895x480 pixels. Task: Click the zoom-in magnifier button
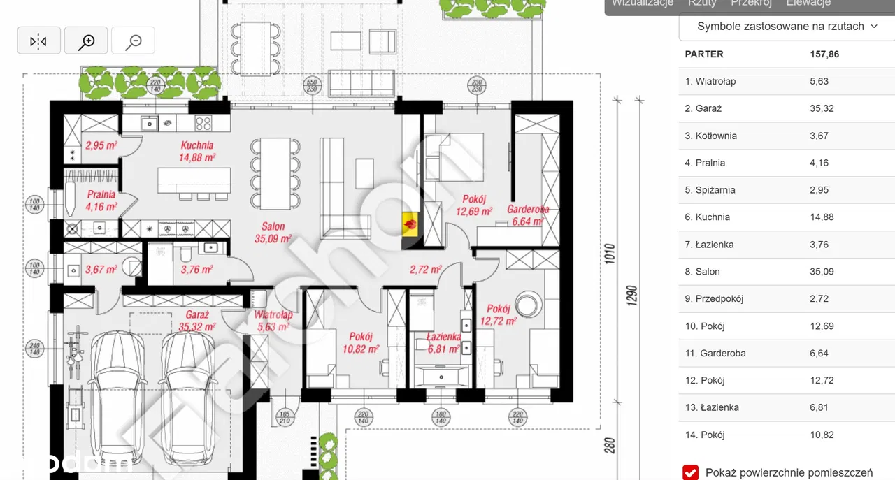click(86, 41)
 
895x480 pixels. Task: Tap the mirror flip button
click(38, 41)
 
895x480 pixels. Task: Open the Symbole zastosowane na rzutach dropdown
click(787, 27)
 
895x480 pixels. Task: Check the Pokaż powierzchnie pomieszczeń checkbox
click(690, 472)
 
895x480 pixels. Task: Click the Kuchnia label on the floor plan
click(196, 145)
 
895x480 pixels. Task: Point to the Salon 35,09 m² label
click(273, 232)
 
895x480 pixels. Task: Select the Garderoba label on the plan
click(528, 209)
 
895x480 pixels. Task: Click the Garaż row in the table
click(708, 108)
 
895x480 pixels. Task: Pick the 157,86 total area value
click(824, 54)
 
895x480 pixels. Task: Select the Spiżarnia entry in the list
click(710, 190)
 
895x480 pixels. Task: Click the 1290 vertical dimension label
click(631, 296)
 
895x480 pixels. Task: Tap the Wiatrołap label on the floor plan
click(273, 315)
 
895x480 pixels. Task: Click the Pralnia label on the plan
click(101, 195)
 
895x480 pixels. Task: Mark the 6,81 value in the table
click(819, 407)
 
